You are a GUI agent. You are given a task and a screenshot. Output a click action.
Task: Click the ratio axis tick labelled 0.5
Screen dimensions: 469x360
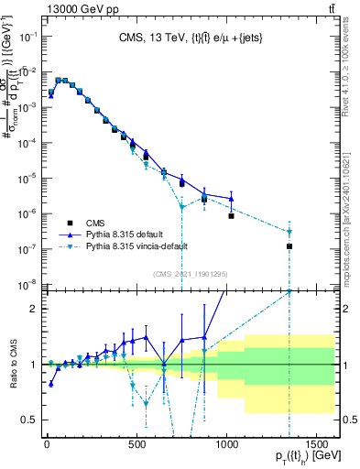(x=28, y=420)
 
